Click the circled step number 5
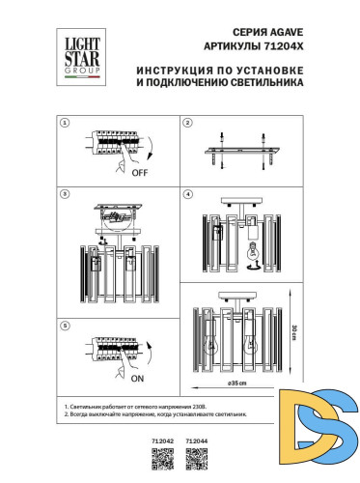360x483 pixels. tap(65, 326)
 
